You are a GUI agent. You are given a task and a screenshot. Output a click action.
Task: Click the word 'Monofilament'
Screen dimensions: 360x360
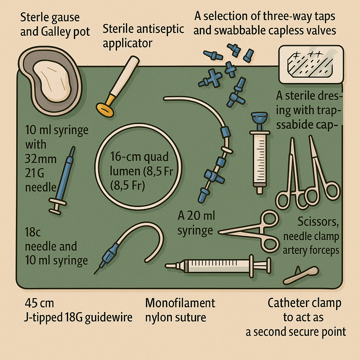180,303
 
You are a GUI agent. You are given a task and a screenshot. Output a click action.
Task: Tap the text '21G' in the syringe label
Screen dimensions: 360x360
33,174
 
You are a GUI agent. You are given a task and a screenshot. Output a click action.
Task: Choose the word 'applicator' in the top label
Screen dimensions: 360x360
127,43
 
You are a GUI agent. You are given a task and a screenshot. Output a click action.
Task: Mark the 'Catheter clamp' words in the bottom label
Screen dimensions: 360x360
304,303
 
